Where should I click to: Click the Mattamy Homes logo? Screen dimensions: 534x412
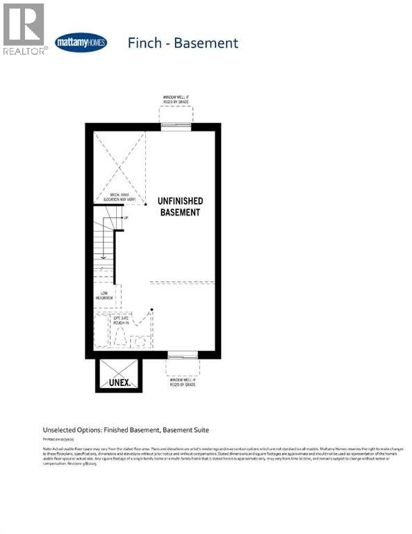pyautogui.click(x=81, y=42)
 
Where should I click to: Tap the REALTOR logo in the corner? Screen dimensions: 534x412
pyautogui.click(x=24, y=29)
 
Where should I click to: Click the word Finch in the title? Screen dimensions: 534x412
pyautogui.click(x=145, y=42)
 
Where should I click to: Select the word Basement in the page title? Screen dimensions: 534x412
pyautogui.click(x=206, y=42)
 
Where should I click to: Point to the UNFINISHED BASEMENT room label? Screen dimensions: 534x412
pyautogui.click(x=179, y=207)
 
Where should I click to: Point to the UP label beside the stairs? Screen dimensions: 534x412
pyautogui.click(x=125, y=218)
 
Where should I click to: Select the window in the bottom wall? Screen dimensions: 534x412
pyautogui.click(x=182, y=355)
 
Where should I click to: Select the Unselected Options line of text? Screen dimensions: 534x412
pyautogui.click(x=126, y=430)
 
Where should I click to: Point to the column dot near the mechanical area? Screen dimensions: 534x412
pyautogui.click(x=145, y=205)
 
